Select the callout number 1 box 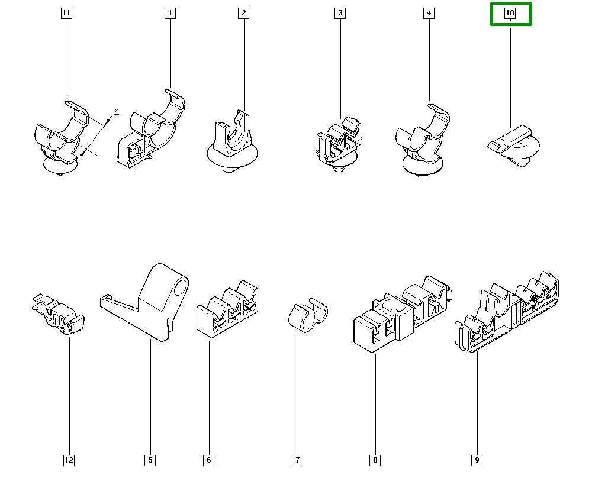click(170, 13)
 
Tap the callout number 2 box click(244, 13)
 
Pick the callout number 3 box click(340, 13)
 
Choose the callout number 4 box click(429, 13)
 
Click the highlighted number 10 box click(510, 13)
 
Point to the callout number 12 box click(69, 460)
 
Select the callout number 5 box click(150, 460)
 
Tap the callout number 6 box click(208, 460)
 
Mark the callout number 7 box click(297, 460)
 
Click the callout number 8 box click(375, 460)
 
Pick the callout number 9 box click(477, 460)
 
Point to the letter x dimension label click(116, 111)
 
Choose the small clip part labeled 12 click(60, 314)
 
